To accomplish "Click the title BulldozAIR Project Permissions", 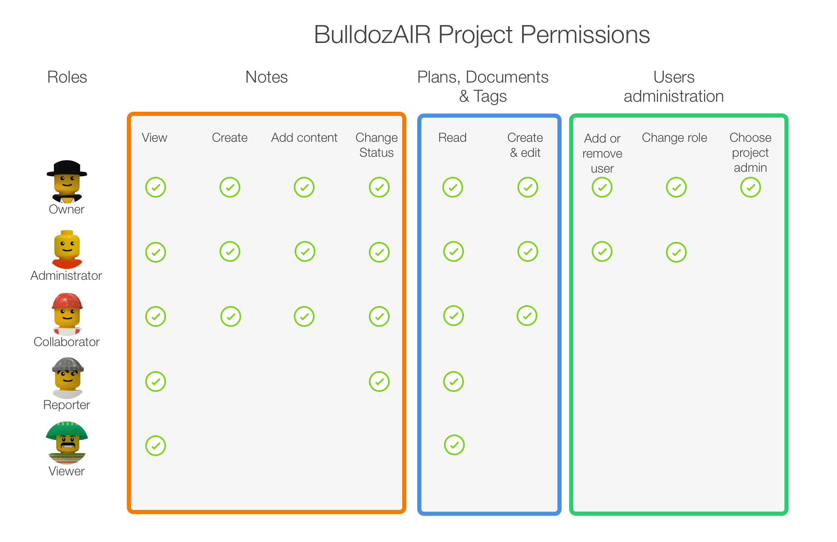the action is (482, 35).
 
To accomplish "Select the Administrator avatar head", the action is (67, 246).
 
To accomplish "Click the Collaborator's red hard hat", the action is (67, 301).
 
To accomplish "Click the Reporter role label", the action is (67, 405).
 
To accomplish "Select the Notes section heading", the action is (267, 77).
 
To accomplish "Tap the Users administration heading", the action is (674, 87).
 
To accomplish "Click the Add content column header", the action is (304, 138).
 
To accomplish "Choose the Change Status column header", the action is (377, 145).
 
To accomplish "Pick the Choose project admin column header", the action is (750, 153).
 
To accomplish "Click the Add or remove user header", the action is (602, 153).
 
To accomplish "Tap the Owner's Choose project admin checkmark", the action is (751, 187).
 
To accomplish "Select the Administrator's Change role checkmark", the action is (676, 252).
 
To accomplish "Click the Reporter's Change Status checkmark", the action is (379, 381).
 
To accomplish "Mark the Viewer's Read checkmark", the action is (454, 445).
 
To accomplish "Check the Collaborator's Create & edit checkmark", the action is (527, 316).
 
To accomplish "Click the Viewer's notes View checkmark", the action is (156, 446).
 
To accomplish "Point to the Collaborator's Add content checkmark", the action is (304, 316).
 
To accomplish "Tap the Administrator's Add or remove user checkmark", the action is (602, 251).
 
